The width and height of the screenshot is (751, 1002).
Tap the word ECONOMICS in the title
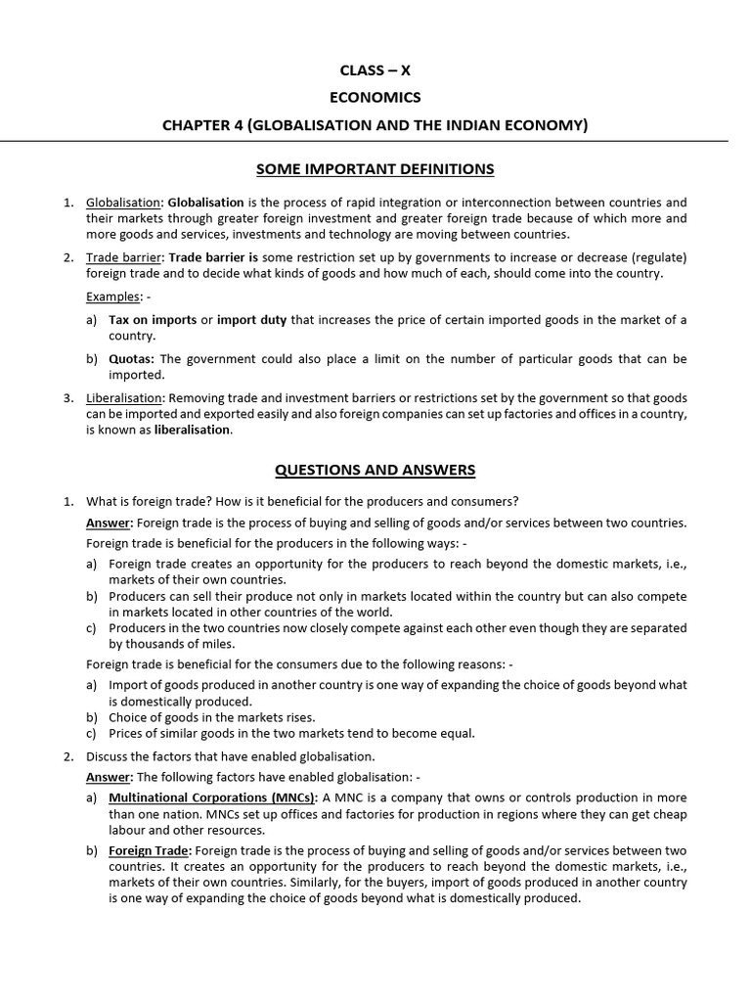375,97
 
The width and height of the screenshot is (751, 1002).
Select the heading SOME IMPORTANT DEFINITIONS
375,169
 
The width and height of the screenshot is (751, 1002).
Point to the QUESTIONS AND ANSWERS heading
375,470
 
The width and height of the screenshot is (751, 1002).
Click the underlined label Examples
112,296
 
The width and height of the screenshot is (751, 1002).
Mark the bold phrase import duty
251,320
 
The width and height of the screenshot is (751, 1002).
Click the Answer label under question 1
108,523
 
